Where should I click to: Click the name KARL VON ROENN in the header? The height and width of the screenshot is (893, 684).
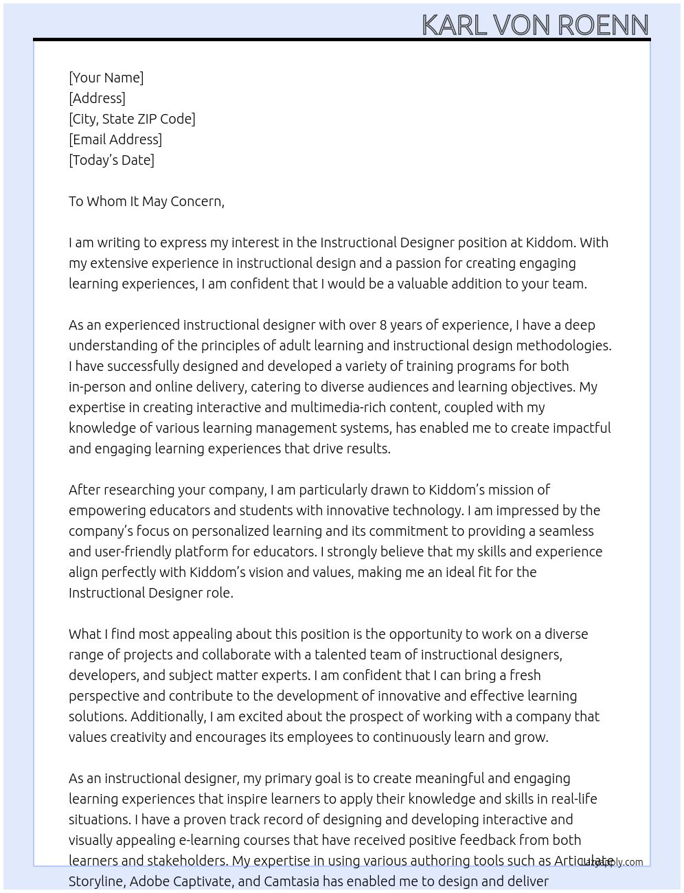pos(535,25)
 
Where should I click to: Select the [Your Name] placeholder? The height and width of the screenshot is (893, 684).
pos(106,78)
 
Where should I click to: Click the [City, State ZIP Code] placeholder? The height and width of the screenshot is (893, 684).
pos(132,119)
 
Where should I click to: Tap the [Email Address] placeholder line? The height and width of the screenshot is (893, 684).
pos(115,139)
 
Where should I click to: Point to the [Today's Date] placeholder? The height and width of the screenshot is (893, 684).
pos(111,160)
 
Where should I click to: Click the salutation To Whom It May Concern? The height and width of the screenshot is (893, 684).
pos(146,201)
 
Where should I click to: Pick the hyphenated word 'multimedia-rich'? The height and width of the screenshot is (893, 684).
pos(337,407)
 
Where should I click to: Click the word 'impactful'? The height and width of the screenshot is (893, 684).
pos(581,428)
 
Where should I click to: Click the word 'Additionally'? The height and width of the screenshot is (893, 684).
pos(168,716)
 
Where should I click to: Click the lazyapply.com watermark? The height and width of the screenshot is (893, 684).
pos(612,862)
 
